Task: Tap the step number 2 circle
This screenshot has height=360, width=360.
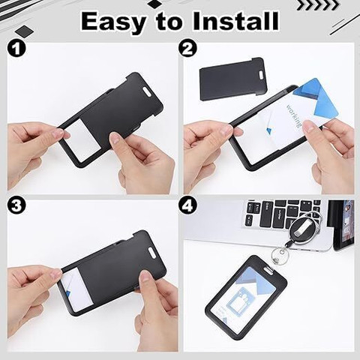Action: click(187, 50)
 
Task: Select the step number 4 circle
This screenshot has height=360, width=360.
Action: click(187, 205)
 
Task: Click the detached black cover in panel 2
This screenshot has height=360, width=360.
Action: click(232, 78)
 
